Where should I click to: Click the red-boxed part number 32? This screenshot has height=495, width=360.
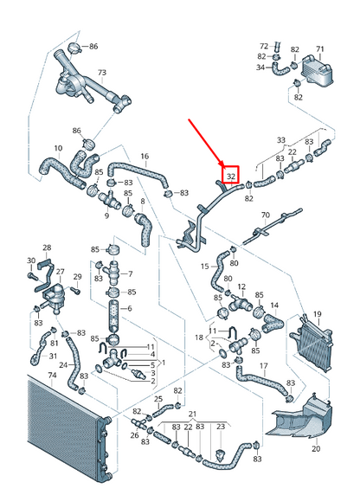click(231, 176)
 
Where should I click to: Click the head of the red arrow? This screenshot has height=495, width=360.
click(223, 165)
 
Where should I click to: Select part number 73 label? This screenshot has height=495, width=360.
click(102, 73)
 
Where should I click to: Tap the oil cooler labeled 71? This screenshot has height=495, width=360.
click(316, 70)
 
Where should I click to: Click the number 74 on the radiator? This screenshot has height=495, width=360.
click(52, 376)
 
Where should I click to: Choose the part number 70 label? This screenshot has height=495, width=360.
click(266, 215)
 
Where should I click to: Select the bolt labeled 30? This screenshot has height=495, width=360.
click(32, 275)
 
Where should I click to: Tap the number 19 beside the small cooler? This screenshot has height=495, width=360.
click(318, 314)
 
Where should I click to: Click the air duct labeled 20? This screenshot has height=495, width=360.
click(300, 415)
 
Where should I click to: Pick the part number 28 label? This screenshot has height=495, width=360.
click(47, 247)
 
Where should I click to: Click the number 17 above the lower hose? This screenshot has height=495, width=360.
click(264, 366)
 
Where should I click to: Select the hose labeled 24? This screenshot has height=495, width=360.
click(74, 364)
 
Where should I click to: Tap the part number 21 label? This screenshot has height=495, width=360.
click(192, 414)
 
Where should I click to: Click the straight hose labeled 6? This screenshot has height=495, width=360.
click(113, 317)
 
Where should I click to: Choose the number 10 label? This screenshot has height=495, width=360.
click(58, 148)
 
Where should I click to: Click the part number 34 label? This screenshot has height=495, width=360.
click(260, 67)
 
